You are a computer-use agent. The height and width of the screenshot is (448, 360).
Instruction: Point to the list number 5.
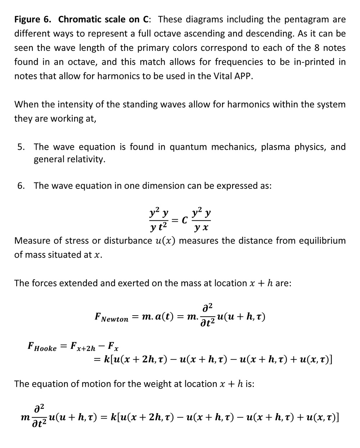[21, 147]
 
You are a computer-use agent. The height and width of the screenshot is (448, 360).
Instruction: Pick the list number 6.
[21, 186]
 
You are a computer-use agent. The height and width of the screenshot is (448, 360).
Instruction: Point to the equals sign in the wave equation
[175, 220]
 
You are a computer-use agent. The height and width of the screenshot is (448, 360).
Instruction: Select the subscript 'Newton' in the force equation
[114, 320]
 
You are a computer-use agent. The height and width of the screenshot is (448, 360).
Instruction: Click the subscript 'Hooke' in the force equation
[45, 348]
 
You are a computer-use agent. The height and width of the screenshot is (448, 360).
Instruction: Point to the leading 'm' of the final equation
[25, 418]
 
